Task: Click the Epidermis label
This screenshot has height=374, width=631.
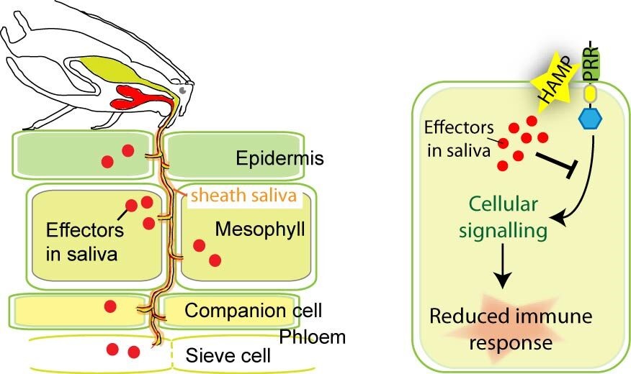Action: coord(270,158)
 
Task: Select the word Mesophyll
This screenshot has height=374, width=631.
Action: coord(260,230)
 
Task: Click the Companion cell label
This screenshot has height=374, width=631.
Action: coord(253,311)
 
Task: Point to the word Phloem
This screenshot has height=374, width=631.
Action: coord(313,337)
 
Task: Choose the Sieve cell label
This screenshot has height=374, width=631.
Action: coord(227,355)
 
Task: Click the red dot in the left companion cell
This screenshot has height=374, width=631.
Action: coord(110,307)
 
